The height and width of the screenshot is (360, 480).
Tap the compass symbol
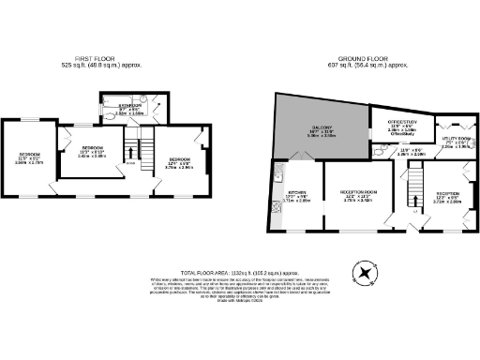(x=362, y=271)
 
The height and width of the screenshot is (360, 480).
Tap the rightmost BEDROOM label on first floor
(x=182, y=160)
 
